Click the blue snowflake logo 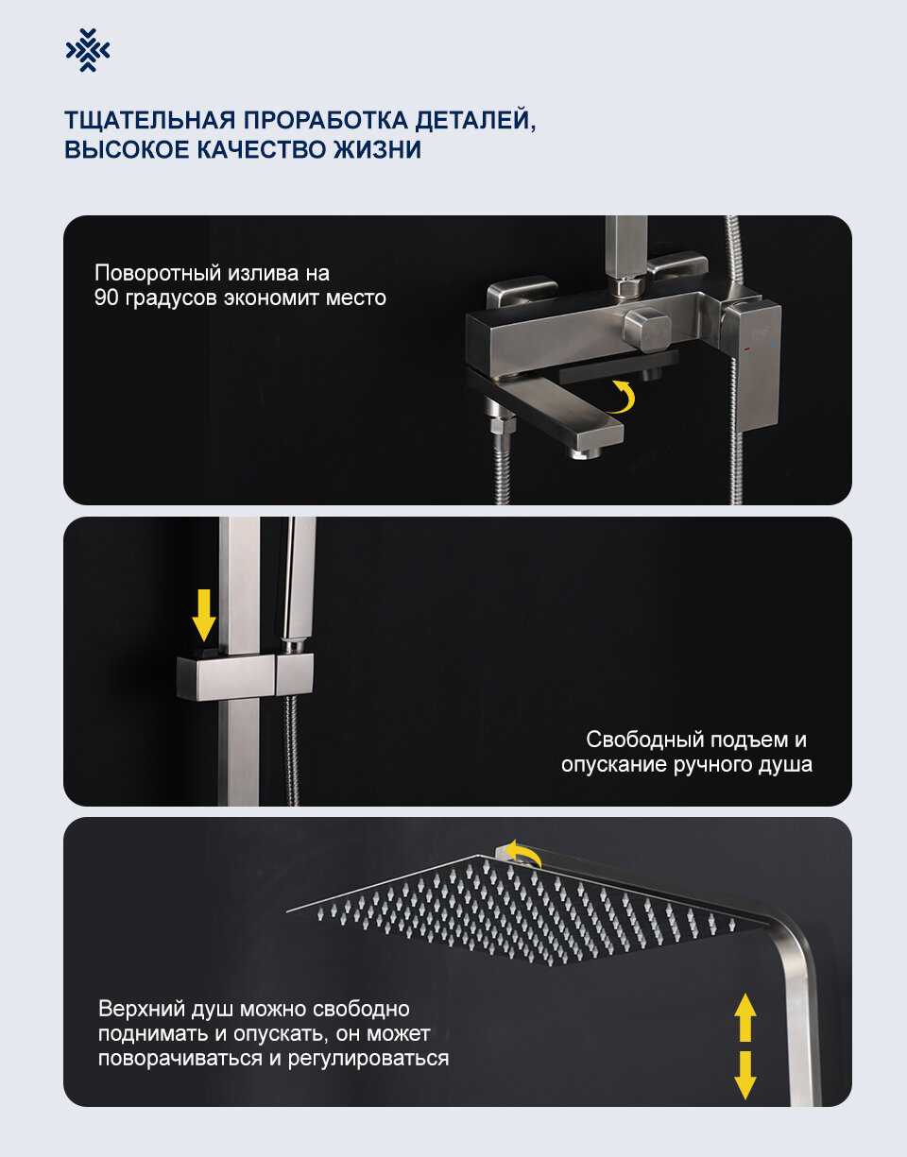click(88, 51)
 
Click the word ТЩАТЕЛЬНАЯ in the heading click(149, 120)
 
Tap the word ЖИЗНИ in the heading click(377, 149)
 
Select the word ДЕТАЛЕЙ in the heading click(475, 121)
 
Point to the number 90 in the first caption click(107, 298)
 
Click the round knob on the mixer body click(647, 330)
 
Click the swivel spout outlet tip click(586, 453)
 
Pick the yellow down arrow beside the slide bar click(203, 615)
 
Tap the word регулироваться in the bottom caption click(368, 1059)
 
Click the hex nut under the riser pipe click(626, 287)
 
